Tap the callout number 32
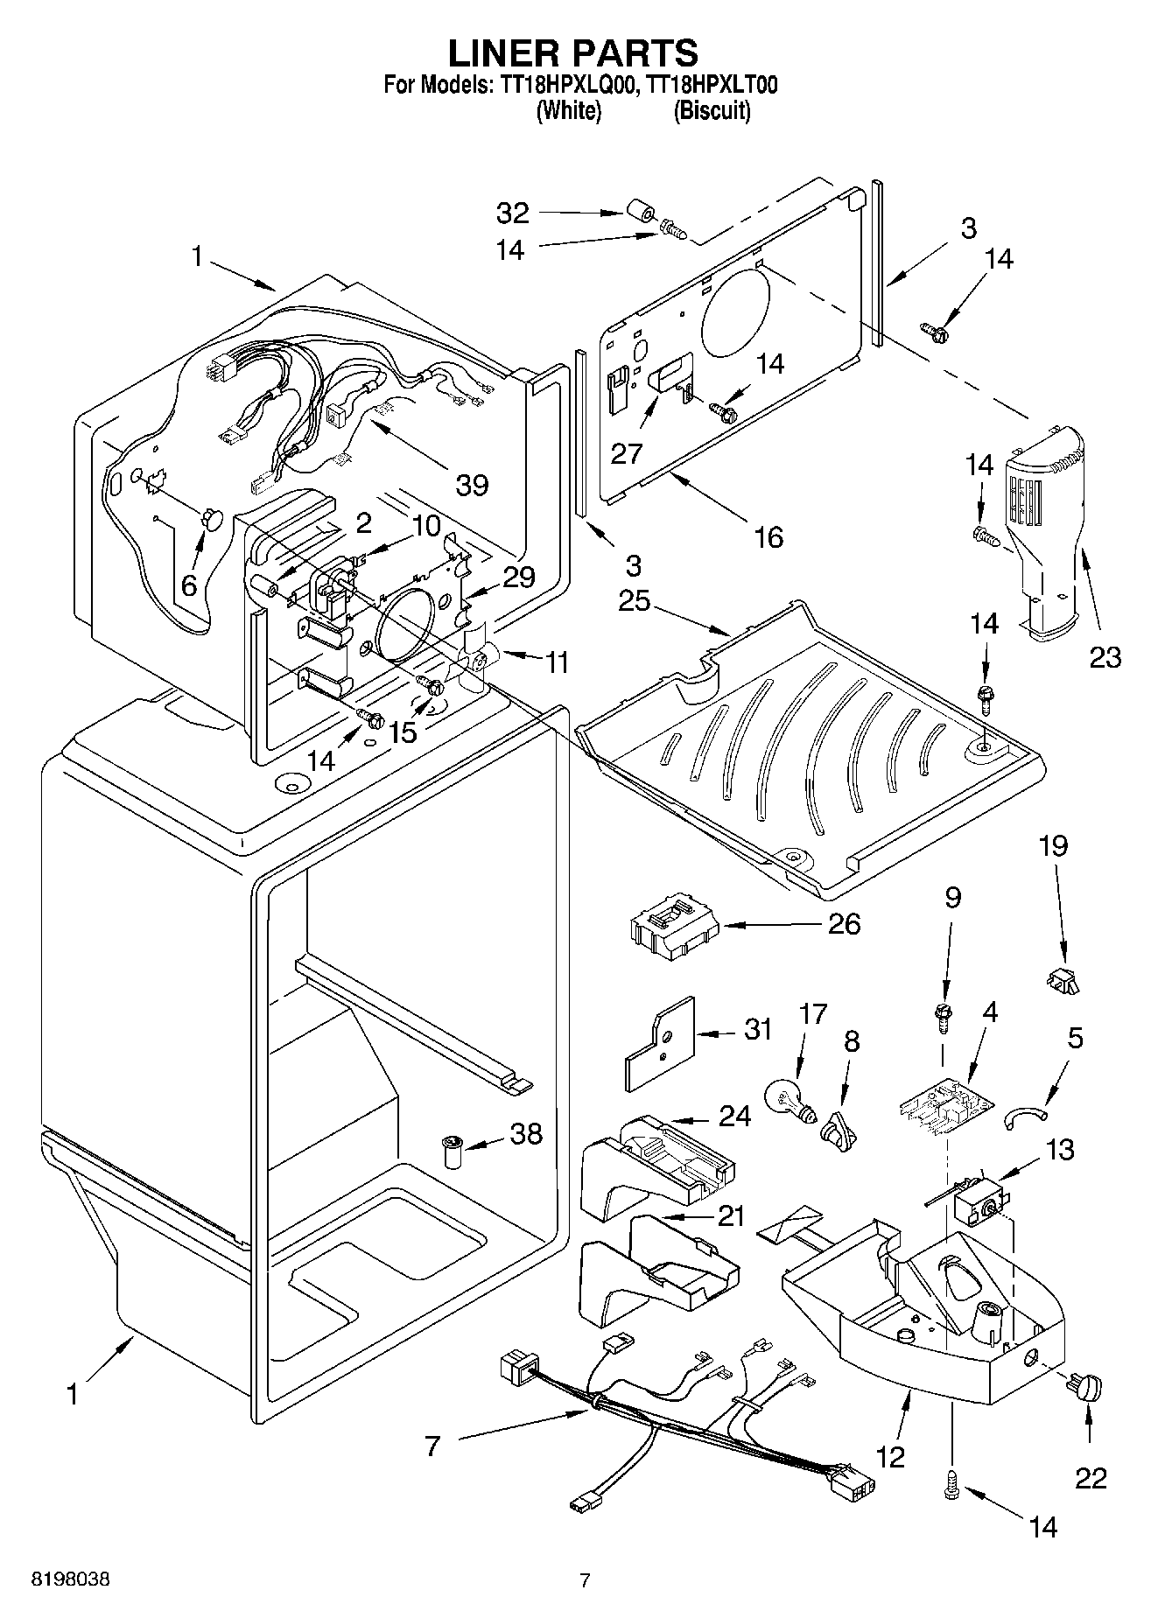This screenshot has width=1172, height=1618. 514,213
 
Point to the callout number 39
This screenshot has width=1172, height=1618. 472,484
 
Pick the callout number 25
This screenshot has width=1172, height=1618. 636,601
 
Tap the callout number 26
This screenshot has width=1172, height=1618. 844,923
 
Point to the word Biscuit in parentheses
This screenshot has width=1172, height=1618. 712,111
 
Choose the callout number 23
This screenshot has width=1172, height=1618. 1105,656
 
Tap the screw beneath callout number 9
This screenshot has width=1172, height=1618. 944,1017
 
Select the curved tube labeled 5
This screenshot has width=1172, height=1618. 1025,1114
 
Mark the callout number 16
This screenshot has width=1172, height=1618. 768,536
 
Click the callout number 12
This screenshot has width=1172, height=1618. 890,1456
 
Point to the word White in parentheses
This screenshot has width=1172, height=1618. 568,111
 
